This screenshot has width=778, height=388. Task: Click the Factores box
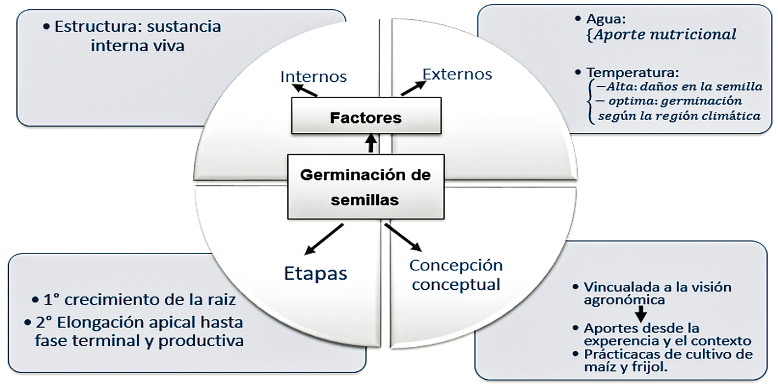click(x=366, y=117)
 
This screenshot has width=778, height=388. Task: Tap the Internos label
click(x=314, y=76)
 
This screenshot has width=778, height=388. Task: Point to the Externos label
click(x=457, y=74)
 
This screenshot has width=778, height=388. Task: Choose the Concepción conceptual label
click(x=456, y=274)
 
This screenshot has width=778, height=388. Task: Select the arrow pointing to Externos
click(x=413, y=88)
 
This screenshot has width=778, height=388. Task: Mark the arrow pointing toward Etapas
click(x=323, y=239)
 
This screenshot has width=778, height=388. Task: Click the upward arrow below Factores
click(x=372, y=144)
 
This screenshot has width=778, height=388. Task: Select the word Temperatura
click(x=633, y=72)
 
